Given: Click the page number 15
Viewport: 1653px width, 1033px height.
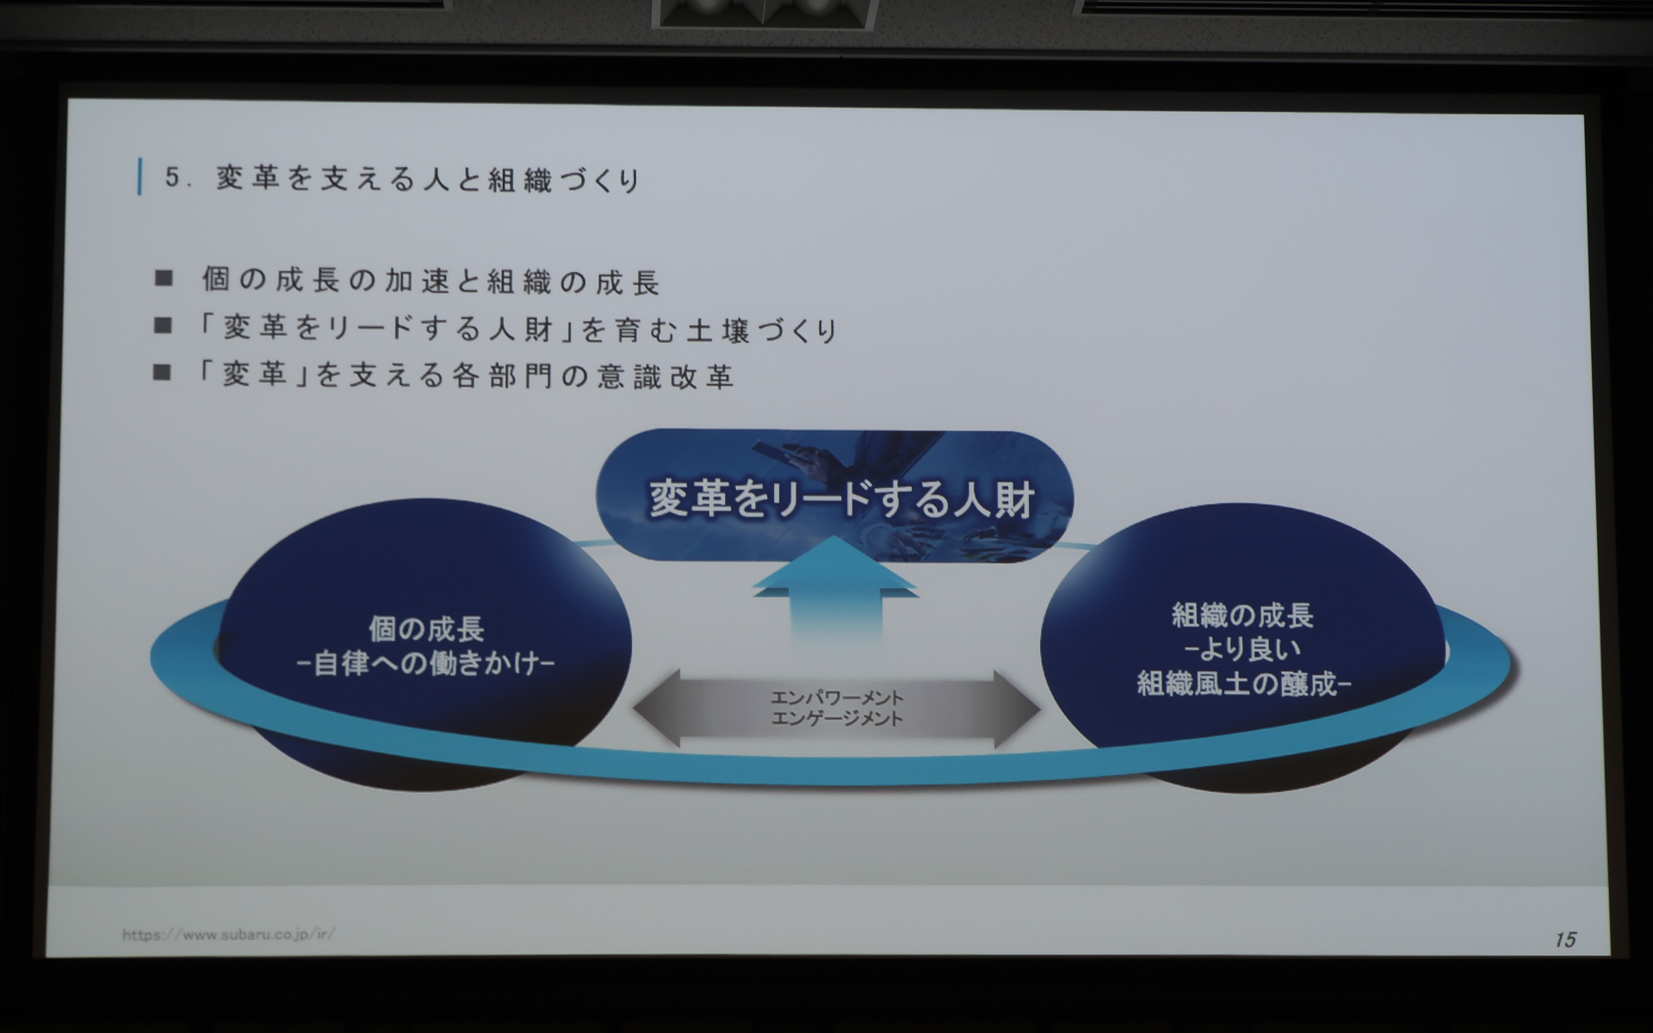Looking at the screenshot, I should [1565, 939].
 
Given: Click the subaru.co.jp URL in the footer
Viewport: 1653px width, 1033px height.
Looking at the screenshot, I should [228, 934].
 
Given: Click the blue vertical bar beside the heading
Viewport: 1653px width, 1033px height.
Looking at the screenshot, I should [139, 177].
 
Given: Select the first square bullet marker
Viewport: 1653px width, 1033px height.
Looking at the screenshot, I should [163, 278].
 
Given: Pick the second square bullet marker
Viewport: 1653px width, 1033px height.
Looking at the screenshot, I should [163, 325].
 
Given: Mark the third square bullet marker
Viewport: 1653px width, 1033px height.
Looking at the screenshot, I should [163, 372].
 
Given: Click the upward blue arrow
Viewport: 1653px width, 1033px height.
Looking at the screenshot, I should [834, 594].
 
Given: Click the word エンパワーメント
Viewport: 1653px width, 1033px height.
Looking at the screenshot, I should [837, 697].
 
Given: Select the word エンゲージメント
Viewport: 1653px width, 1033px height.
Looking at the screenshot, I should [837, 719].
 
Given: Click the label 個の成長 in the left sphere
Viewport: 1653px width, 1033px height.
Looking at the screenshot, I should [426, 629].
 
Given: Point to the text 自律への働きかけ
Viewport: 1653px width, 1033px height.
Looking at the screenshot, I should [426, 664].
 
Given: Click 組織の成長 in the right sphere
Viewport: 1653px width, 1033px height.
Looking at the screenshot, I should [1241, 615].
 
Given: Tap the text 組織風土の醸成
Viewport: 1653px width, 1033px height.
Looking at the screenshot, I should [1238, 684].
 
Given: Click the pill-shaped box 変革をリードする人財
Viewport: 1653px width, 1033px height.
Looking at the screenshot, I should [834, 498].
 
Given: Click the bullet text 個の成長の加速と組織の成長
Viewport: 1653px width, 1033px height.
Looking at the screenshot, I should [430, 281].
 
